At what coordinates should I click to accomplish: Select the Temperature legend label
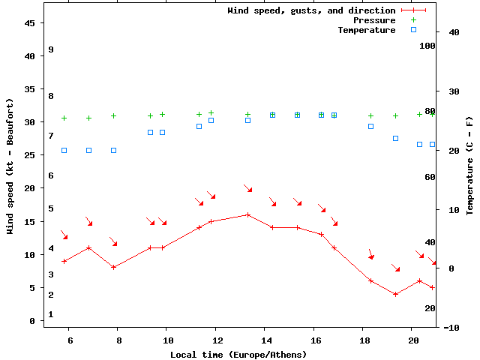(367, 30)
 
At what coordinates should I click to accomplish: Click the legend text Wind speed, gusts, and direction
(311, 10)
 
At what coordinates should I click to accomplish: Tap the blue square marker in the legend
(413, 30)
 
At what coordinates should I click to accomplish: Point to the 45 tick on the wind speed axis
(30, 23)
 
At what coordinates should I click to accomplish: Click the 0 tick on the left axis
(32, 321)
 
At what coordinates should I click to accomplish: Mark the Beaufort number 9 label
(51, 49)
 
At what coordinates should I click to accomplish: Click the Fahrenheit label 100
(427, 46)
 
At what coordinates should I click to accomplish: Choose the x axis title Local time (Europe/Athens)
(238, 354)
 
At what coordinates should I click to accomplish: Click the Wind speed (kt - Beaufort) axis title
(10, 166)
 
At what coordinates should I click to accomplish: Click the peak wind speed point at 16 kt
(248, 214)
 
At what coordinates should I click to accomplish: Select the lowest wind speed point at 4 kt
(395, 294)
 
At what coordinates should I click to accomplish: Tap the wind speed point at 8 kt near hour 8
(113, 267)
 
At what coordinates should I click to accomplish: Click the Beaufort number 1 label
(51, 314)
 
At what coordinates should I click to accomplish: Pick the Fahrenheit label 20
(430, 308)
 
